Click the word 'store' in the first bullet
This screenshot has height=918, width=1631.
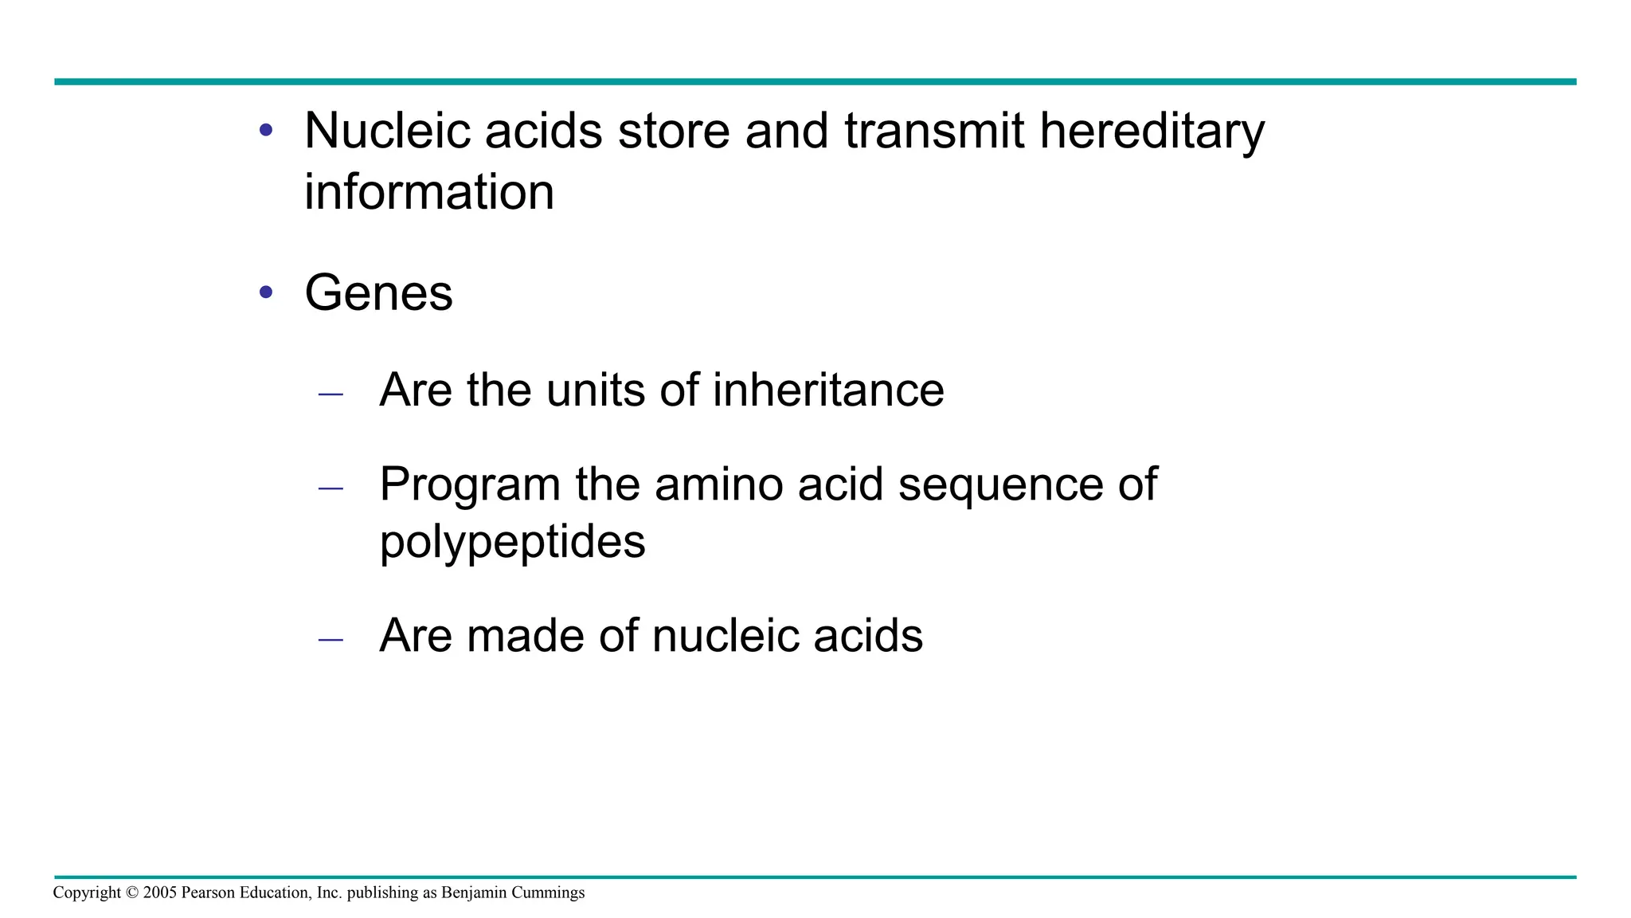pyautogui.click(x=674, y=131)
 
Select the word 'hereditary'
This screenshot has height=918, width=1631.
pyautogui.click(x=1152, y=132)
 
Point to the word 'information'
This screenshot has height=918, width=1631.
pyautogui.click(x=429, y=192)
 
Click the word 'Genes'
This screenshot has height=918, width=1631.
pyautogui.click(x=378, y=293)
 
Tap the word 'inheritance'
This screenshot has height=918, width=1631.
pyautogui.click(x=828, y=390)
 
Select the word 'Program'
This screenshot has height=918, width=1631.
pyautogui.click(x=470, y=485)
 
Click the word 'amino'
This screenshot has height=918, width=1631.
pyautogui.click(x=718, y=484)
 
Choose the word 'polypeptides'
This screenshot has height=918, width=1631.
pyautogui.click(x=512, y=543)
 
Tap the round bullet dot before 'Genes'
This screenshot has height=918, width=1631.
pyautogui.click(x=266, y=292)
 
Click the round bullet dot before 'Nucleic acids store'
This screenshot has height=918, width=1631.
pyautogui.click(x=266, y=130)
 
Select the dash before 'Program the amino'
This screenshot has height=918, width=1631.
pyautogui.click(x=331, y=488)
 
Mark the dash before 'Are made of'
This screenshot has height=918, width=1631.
pyautogui.click(x=331, y=639)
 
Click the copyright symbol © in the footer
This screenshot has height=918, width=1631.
pyautogui.click(x=132, y=892)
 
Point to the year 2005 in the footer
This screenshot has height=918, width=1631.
pyautogui.click(x=160, y=892)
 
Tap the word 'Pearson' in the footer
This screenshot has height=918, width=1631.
pyautogui.click(x=209, y=892)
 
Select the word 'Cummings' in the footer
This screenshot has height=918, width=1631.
pyautogui.click(x=548, y=893)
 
